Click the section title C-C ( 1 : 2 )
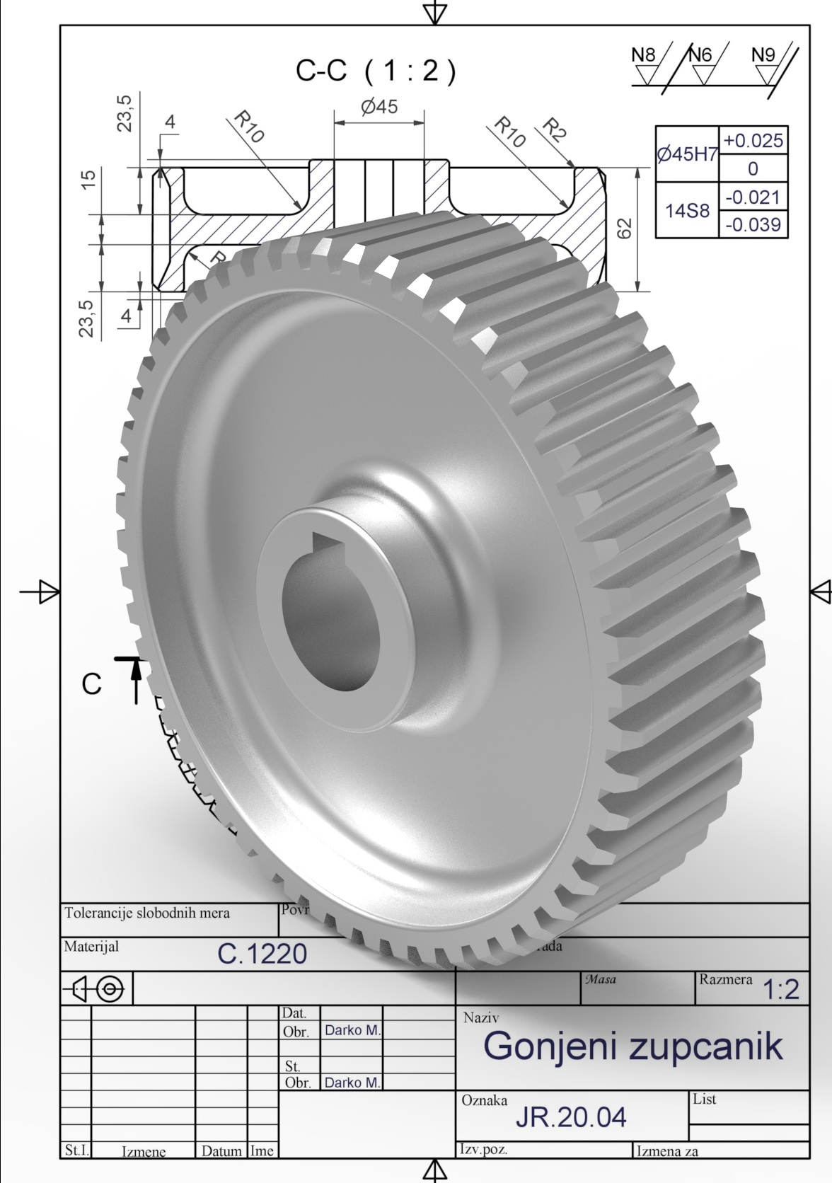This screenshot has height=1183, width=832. tap(376, 71)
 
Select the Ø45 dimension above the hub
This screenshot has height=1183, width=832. tap(379, 107)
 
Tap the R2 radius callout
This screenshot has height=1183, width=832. tap(555, 131)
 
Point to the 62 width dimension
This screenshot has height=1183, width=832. tap(625, 228)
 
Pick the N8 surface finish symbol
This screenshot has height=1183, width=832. tap(644, 64)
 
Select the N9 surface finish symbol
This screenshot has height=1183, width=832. tap(764, 64)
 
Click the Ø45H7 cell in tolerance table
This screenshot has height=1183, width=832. tap(687, 155)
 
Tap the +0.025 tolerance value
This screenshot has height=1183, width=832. tap(753, 141)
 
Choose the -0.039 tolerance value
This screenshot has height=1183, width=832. tap(753, 224)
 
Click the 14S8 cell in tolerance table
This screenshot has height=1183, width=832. tap(687, 210)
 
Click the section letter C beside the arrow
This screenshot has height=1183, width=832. tap(92, 684)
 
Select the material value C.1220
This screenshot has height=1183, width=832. tap(262, 954)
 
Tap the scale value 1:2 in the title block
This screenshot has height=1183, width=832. tap(782, 990)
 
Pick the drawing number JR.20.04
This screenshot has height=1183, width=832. tap(571, 1116)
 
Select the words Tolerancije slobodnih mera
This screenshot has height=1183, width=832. tap(147, 913)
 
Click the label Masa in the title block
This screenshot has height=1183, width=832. tap(600, 980)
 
